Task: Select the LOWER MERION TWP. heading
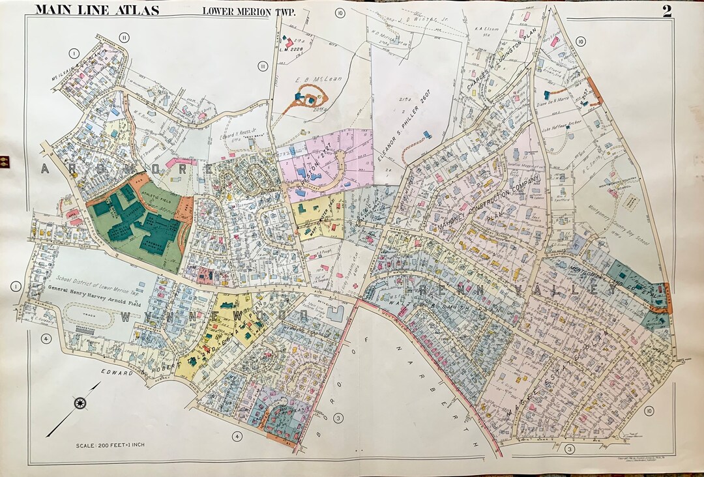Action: pyautogui.click(x=239, y=10)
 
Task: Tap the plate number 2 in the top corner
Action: pyautogui.click(x=667, y=10)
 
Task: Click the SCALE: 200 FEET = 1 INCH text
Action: pyautogui.click(x=111, y=445)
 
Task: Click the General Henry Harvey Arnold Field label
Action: pyautogui.click(x=96, y=291)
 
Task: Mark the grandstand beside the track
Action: pyautogui.click(x=85, y=332)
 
